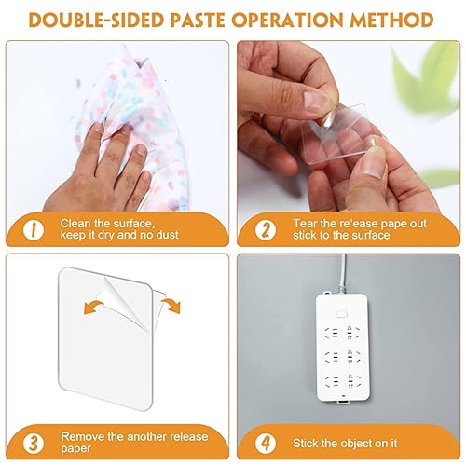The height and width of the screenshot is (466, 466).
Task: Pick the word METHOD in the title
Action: click(x=397, y=20)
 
